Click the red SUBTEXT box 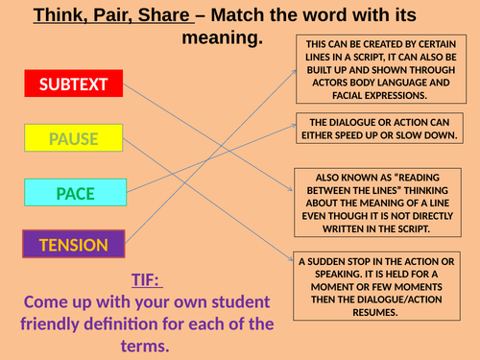tap(75, 84)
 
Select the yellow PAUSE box tap(74, 139)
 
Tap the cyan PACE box tap(74, 194)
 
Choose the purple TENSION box tap(74, 245)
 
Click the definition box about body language tap(381, 70)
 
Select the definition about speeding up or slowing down tap(381, 130)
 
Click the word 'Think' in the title tap(60, 16)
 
